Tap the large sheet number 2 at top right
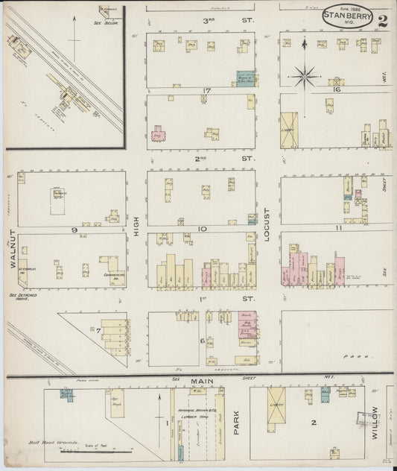coord(383,19)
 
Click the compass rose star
coord(305,75)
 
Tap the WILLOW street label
coord(375,421)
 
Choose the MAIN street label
coord(199,382)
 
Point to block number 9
coord(74,230)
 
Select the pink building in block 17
coord(159,134)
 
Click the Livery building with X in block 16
coord(288,130)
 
